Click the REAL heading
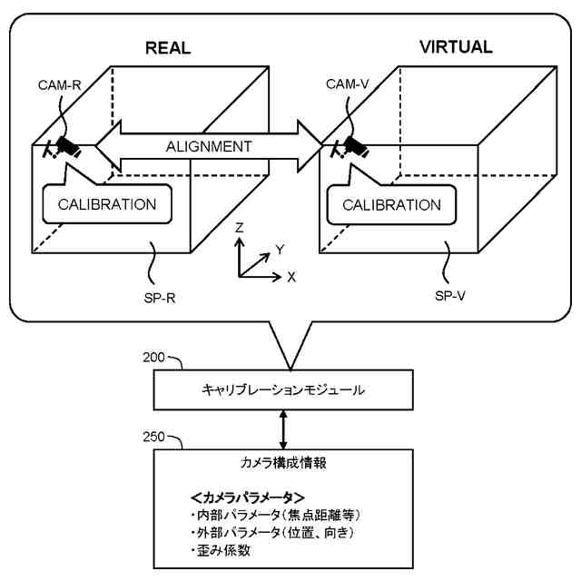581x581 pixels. pos(168,48)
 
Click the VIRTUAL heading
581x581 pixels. pos(456,47)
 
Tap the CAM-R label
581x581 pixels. pos(59,85)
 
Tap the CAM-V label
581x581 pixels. pos(347,84)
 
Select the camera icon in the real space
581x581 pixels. pos(62,148)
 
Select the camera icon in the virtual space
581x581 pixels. pos(350,148)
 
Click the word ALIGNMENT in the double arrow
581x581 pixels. pos(209,146)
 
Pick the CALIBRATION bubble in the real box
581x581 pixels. pos(107,203)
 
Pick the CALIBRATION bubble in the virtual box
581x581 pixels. pos(391,204)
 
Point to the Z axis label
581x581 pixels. pos(240,228)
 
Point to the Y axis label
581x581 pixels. pos(280,251)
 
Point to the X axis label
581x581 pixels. pos(291,277)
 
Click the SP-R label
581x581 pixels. pos(160,298)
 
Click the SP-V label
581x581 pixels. pos(450,296)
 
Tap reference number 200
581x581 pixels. pos(153,357)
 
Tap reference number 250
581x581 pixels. pos(153,437)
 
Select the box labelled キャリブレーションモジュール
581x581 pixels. pos(283,389)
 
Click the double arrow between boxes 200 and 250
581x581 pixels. pos(283,429)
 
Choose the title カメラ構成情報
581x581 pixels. pos(283,463)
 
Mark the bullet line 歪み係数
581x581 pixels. pos(222,550)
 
